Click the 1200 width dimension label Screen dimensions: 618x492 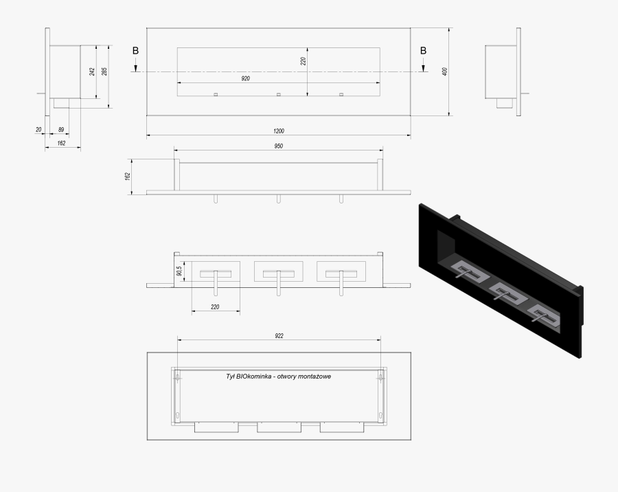278,131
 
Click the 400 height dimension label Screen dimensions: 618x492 444,71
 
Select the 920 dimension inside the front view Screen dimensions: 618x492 245,78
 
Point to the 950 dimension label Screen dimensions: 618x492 278,146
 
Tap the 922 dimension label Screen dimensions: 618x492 279,336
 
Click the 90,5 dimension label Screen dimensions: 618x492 179,271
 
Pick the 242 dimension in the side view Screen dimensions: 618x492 92,71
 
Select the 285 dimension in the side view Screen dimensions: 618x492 104,71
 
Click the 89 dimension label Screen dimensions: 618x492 61,129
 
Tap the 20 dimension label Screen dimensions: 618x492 38,129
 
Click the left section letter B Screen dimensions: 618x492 135,50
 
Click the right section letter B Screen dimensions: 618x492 423,50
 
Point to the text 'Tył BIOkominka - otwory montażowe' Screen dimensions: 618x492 279,377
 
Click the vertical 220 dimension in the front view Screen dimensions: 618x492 303,61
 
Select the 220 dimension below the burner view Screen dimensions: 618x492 215,306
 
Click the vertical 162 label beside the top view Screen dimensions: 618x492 127,177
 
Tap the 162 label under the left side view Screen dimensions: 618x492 61,143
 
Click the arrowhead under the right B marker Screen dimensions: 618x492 423,69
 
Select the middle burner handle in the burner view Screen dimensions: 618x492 279,283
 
